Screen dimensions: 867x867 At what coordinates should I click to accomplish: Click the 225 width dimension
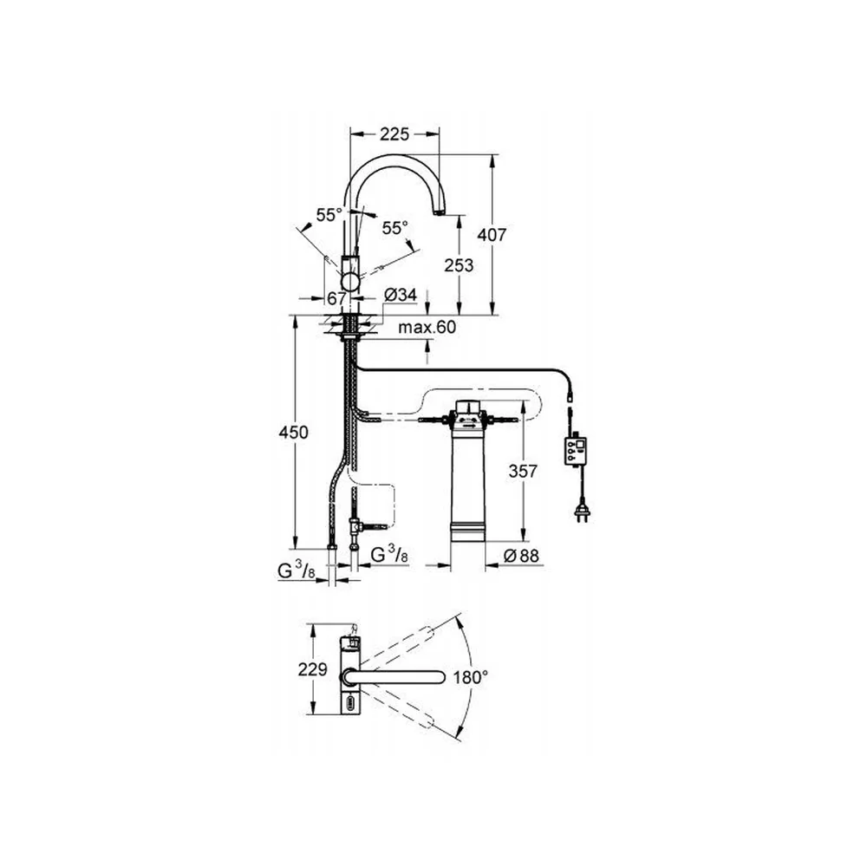[x=394, y=134]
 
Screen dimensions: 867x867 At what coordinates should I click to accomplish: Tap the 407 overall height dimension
[x=492, y=235]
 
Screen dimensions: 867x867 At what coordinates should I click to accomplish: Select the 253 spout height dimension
[x=459, y=265]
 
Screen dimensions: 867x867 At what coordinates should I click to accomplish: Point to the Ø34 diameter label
[x=400, y=296]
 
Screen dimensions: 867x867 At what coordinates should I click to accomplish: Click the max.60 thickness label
[x=427, y=328]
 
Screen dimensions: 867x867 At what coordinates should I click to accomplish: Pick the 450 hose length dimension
[x=293, y=432]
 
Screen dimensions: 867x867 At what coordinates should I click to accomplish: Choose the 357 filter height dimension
[x=523, y=471]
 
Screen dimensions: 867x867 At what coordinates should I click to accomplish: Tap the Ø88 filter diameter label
[x=521, y=555]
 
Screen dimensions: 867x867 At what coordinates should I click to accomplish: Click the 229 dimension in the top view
[x=313, y=669]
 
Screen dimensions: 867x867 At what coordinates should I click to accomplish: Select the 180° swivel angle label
[x=471, y=677]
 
